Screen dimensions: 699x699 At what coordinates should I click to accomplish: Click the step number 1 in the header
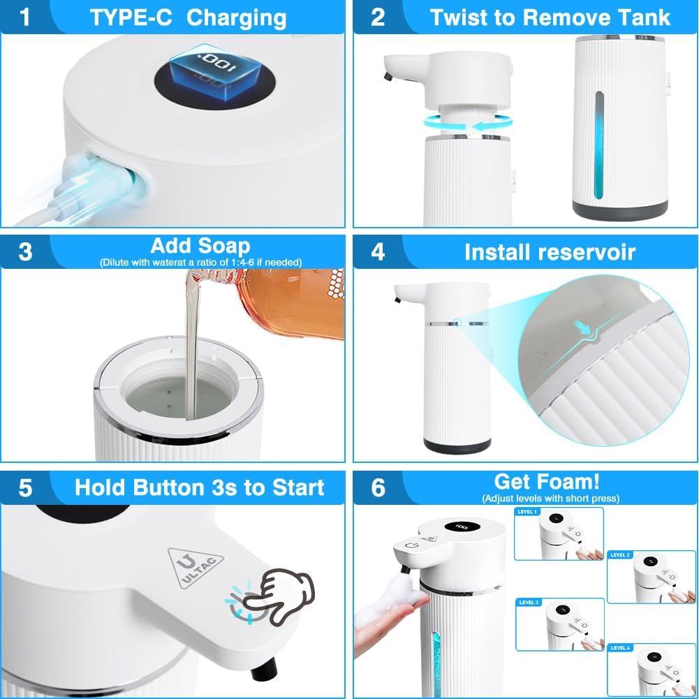(x=26, y=17)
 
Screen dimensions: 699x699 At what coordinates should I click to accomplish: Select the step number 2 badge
(x=378, y=17)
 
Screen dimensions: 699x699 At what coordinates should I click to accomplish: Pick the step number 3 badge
(x=26, y=251)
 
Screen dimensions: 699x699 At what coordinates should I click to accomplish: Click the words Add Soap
(x=200, y=246)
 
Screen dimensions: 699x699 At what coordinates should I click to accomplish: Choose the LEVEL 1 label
(x=527, y=512)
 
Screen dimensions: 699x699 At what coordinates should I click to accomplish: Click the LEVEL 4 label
(x=620, y=648)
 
